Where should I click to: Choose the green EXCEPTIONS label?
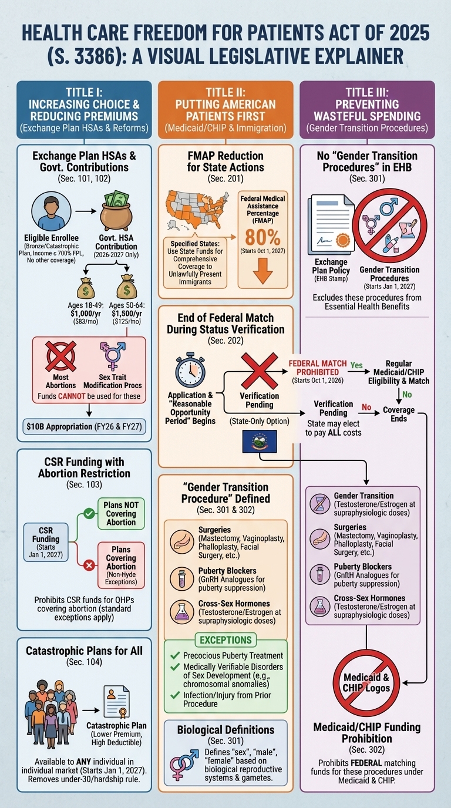225,639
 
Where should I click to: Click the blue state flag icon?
260,441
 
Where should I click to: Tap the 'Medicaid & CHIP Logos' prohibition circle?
366,682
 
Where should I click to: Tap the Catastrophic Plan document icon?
116,703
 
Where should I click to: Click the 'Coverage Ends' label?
399,414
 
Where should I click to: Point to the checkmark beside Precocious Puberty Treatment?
174,655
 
